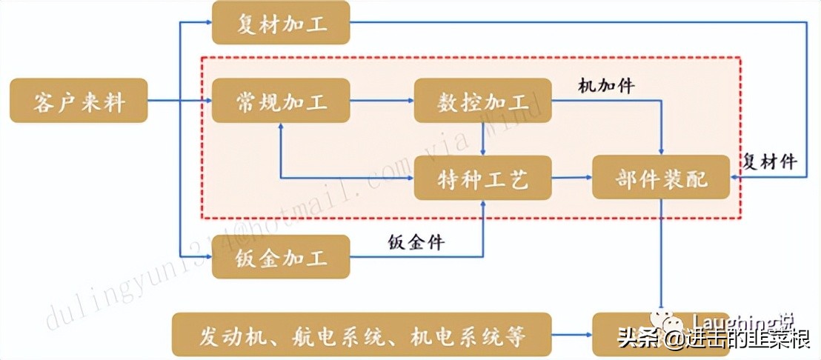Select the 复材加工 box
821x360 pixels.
click(x=280, y=22)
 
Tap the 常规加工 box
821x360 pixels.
click(x=280, y=101)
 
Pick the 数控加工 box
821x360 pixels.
click(x=482, y=101)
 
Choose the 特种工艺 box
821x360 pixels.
click(x=482, y=178)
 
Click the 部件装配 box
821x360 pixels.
click(x=661, y=178)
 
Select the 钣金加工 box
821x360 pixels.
click(x=280, y=257)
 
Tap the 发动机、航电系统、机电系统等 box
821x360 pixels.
click(x=362, y=336)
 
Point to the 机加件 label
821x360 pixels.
click(x=606, y=85)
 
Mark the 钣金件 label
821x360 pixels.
click(x=416, y=241)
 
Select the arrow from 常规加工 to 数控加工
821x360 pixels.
click(x=382, y=101)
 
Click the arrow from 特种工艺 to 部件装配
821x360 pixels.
click(x=571, y=178)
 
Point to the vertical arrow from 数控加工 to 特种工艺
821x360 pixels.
click(x=482, y=139)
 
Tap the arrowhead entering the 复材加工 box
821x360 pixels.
click(x=207, y=22)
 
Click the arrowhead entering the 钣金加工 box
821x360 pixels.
click(x=207, y=257)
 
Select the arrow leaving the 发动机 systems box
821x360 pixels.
click(x=571, y=336)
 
